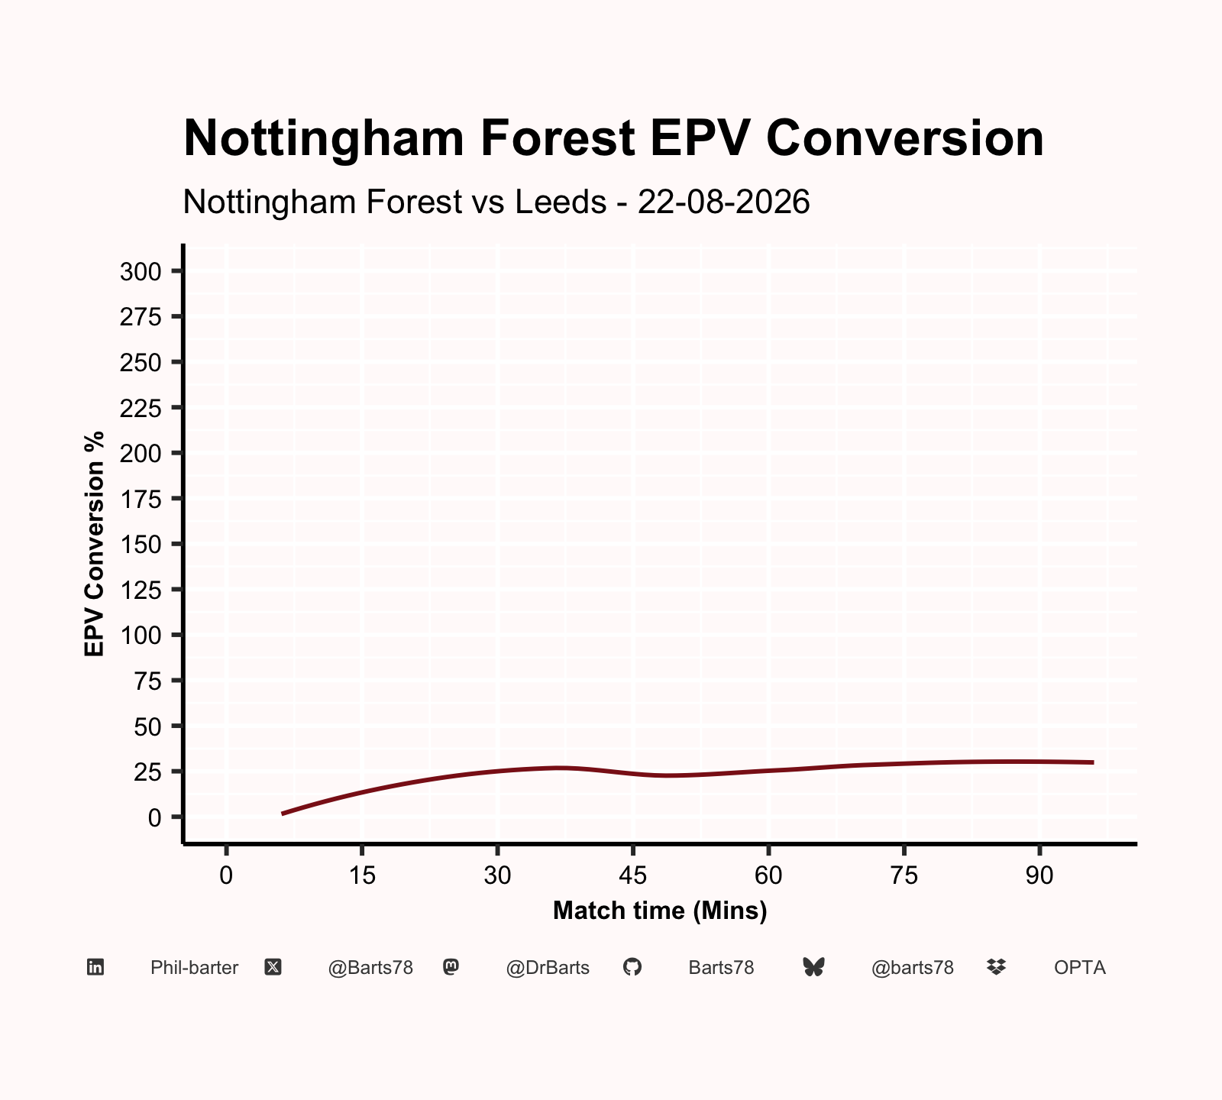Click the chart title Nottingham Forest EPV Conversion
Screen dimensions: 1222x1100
click(x=613, y=138)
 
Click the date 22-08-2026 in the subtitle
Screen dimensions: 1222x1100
click(x=723, y=202)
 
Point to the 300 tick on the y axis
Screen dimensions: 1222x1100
click(x=141, y=271)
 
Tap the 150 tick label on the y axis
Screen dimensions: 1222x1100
click(x=141, y=544)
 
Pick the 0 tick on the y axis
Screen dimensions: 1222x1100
click(x=155, y=817)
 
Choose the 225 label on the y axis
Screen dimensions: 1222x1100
click(x=141, y=408)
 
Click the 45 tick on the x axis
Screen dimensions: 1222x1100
click(x=633, y=875)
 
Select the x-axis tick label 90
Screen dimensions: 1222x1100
click(x=1039, y=875)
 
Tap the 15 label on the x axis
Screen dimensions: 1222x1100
click(x=362, y=875)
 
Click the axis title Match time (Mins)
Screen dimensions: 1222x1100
click(x=660, y=911)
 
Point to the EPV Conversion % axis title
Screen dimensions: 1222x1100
click(x=94, y=544)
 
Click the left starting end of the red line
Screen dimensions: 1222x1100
click(x=282, y=814)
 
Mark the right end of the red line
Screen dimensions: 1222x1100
click(x=1093, y=762)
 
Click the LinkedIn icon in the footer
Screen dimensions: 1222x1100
click(x=95, y=968)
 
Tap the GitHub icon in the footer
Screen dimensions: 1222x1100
click(x=632, y=968)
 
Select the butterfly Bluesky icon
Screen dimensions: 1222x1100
click(x=814, y=968)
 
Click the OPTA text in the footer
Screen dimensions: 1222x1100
click(x=1080, y=968)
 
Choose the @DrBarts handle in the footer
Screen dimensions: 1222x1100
click(x=548, y=968)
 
